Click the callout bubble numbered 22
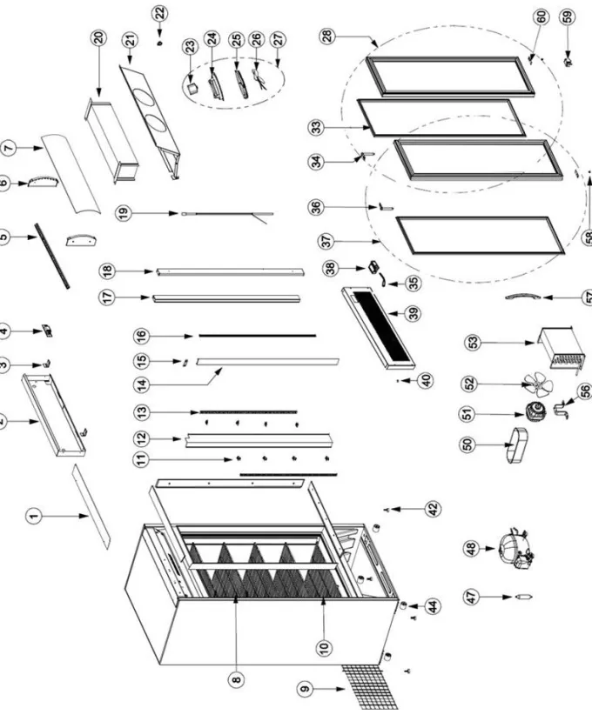pyautogui.click(x=160, y=13)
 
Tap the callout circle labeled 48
pyautogui.click(x=471, y=548)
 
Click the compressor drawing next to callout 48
pyautogui.click(x=516, y=548)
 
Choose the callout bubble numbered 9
pyautogui.click(x=306, y=689)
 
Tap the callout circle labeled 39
pyautogui.click(x=414, y=313)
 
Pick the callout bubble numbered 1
pyautogui.click(x=33, y=516)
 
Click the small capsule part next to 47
pyautogui.click(x=523, y=597)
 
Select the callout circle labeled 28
pyautogui.click(x=328, y=36)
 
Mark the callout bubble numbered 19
pyautogui.click(x=124, y=212)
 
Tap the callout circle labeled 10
pyautogui.click(x=324, y=646)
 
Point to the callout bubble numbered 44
pyautogui.click(x=433, y=606)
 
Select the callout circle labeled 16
pyautogui.click(x=142, y=336)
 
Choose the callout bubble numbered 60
pyautogui.click(x=541, y=17)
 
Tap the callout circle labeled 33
pyautogui.click(x=316, y=127)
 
